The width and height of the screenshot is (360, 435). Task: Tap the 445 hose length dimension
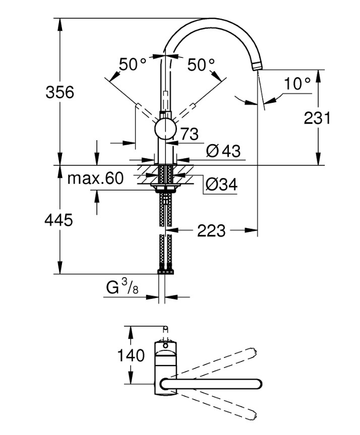[59, 220]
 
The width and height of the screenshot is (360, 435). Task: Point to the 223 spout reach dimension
[210, 231]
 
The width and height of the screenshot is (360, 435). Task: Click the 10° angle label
[296, 84]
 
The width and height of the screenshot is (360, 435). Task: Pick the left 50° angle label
[132, 65]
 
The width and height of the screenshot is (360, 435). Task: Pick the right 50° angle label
[201, 65]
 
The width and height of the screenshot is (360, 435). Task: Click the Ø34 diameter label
[220, 185]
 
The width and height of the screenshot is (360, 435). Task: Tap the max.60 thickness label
[95, 178]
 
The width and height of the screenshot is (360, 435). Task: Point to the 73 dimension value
[188, 134]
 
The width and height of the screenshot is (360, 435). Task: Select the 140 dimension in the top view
[131, 355]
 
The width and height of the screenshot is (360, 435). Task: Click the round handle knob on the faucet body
[165, 129]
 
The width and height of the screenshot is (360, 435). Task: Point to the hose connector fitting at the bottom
[165, 271]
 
